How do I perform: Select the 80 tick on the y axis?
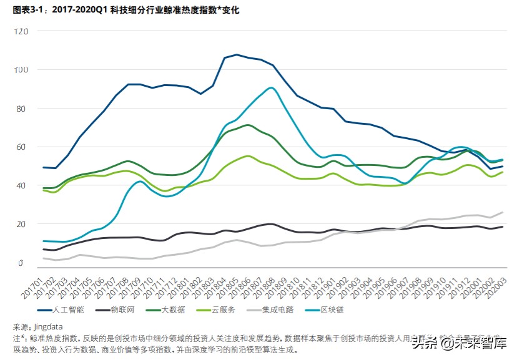click(22, 109)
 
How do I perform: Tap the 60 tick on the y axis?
click(22, 147)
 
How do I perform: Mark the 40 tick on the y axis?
click(22, 186)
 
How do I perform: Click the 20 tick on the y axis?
click(22, 225)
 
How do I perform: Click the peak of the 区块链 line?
click(270, 88)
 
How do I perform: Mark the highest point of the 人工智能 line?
click(237, 54)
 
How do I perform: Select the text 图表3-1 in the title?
click(27, 11)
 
